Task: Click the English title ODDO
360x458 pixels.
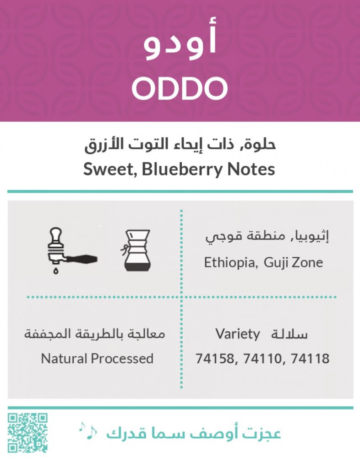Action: click(180, 88)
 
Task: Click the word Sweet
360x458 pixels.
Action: click(109, 170)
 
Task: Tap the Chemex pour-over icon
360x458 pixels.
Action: click(136, 251)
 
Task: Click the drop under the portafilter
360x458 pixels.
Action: click(56, 271)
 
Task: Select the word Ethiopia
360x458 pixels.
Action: click(230, 262)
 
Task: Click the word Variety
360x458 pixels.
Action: click(238, 334)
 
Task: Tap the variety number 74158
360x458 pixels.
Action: click(215, 359)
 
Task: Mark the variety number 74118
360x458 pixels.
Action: click(311, 359)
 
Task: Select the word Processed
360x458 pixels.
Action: click(122, 359)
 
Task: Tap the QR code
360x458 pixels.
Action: click(27, 433)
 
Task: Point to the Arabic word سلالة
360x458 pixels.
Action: click(289, 334)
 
